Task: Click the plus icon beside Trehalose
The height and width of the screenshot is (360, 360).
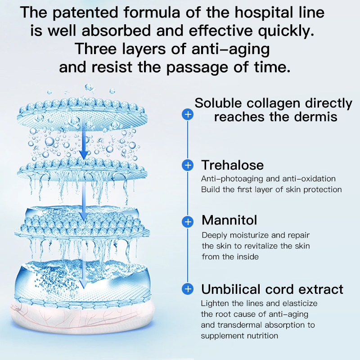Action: (188, 165)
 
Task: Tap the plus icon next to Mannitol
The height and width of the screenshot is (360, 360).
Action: (188, 221)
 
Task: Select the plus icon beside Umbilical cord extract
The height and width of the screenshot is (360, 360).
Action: (188, 289)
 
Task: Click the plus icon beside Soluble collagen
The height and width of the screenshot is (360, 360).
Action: (188, 114)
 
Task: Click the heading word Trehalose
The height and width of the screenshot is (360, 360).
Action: (232, 165)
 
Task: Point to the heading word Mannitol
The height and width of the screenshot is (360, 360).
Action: (229, 220)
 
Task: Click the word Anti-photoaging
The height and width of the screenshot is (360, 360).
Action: (228, 178)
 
